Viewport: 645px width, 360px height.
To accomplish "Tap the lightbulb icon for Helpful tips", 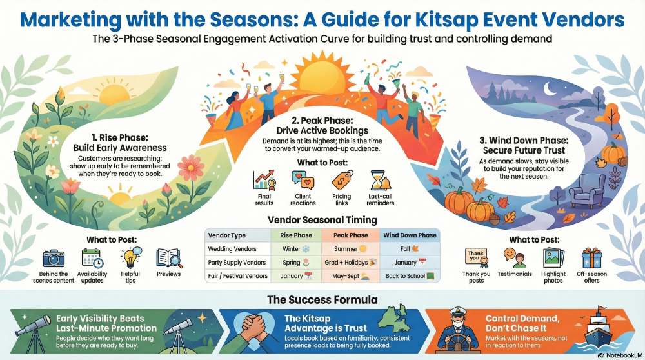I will point(130,258).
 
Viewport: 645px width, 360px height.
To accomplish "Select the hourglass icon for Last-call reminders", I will point(381,180).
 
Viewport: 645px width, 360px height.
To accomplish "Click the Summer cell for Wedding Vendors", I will point(351,248).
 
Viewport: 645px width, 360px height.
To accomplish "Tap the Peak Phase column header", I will point(351,235).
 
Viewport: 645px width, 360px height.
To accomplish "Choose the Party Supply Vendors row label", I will point(237,263).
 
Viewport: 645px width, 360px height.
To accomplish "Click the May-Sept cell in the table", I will point(351,276).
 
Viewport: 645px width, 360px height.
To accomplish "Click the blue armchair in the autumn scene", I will point(583,190).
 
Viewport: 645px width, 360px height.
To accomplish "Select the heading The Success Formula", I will point(322,300).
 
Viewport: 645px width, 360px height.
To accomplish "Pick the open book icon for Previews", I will point(169,258).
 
